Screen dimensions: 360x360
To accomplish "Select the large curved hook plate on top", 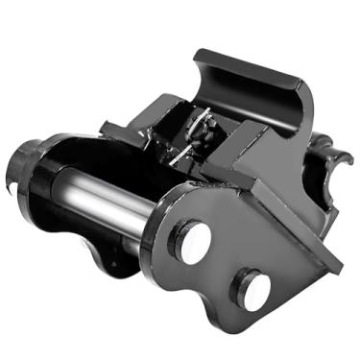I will click(254, 91).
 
